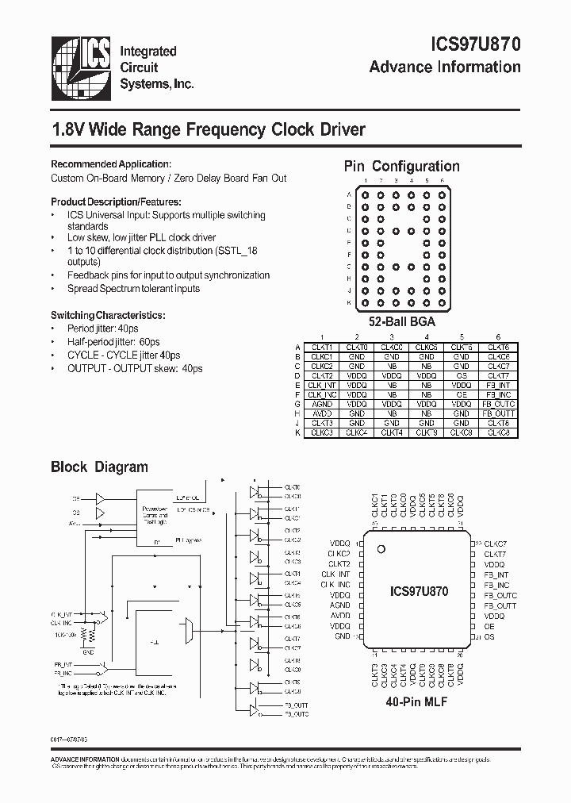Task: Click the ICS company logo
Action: point(82,67)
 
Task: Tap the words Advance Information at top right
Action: point(445,67)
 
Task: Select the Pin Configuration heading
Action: point(401,167)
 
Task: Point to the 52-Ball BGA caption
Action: point(401,323)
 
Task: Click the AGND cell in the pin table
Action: point(322,403)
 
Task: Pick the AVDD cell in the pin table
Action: point(322,413)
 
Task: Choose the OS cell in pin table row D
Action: point(462,375)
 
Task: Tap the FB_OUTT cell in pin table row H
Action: point(498,413)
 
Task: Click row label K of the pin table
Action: point(298,432)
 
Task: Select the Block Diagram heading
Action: point(99,467)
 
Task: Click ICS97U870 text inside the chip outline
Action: point(420,591)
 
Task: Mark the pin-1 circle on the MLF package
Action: point(381,549)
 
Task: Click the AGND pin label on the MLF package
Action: point(339,605)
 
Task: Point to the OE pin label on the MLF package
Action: point(489,626)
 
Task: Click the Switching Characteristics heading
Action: point(108,315)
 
